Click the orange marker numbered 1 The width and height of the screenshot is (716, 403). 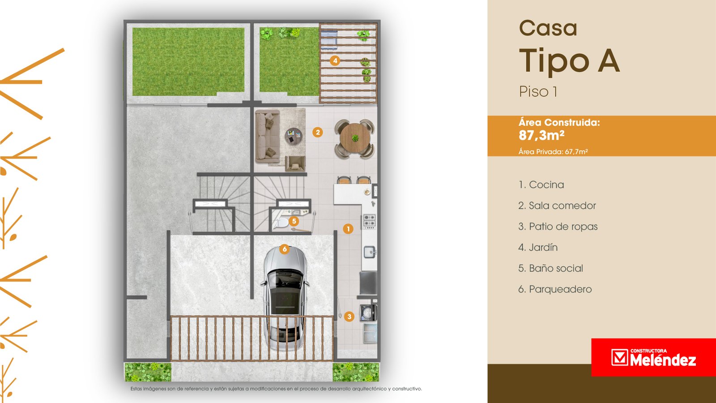pyautogui.click(x=348, y=229)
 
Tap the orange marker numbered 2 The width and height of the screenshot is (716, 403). pyautogui.click(x=317, y=132)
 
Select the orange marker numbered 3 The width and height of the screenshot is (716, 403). pyautogui.click(x=349, y=317)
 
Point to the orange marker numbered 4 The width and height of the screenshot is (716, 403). pyautogui.click(x=335, y=60)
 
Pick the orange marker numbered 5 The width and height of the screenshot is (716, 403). pyautogui.click(x=294, y=221)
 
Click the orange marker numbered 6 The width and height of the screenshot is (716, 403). pyautogui.click(x=284, y=249)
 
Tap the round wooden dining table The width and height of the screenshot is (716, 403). pyautogui.click(x=355, y=138)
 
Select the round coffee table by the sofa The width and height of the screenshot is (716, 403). pyautogui.click(x=294, y=137)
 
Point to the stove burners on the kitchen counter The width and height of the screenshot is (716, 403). pyautogui.click(x=369, y=221)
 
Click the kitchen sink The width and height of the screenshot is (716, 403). pyautogui.click(x=370, y=252)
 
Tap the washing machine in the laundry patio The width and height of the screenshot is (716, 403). pyautogui.click(x=368, y=313)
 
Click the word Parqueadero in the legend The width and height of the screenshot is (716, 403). pyautogui.click(x=560, y=289)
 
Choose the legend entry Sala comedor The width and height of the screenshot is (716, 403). pyautogui.click(x=557, y=206)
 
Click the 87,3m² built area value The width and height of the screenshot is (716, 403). pyautogui.click(x=541, y=135)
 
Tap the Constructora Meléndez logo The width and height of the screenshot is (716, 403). pyautogui.click(x=653, y=357)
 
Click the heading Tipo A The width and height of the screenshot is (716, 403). pyautogui.click(x=569, y=61)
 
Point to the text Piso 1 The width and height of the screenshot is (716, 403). pyautogui.click(x=538, y=91)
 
